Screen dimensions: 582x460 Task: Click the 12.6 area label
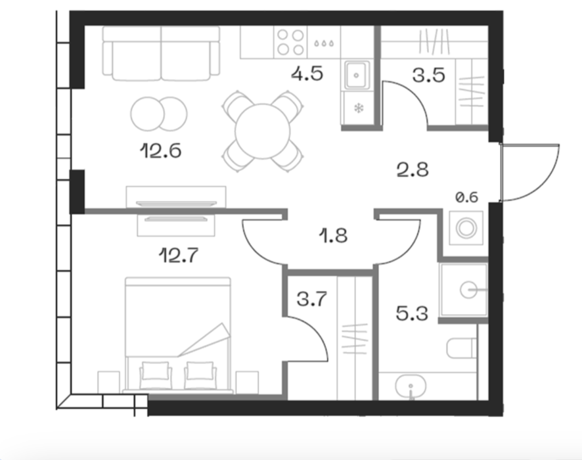[x=161, y=151]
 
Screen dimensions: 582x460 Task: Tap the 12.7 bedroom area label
[x=179, y=256]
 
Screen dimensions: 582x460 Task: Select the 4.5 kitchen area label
[x=307, y=74]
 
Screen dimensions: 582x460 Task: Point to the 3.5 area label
[x=429, y=76]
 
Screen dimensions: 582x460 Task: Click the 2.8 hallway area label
[x=413, y=170]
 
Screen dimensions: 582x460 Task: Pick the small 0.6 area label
[x=466, y=197]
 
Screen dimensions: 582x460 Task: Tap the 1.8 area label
[x=333, y=236]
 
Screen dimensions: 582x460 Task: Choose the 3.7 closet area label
[x=312, y=299]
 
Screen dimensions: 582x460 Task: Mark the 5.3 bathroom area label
[x=412, y=313]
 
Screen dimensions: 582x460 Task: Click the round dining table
[x=262, y=131]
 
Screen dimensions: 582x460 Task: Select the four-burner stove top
[x=290, y=42]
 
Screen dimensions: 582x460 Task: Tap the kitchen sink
[x=357, y=75]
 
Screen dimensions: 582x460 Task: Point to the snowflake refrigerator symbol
[x=359, y=108]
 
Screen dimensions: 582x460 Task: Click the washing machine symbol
[x=466, y=227]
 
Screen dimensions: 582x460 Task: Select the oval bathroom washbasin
[x=411, y=386]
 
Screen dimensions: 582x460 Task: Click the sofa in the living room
[x=161, y=53]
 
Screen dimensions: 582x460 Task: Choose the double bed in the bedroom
[x=178, y=335]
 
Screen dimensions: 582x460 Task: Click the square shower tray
[x=463, y=290]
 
